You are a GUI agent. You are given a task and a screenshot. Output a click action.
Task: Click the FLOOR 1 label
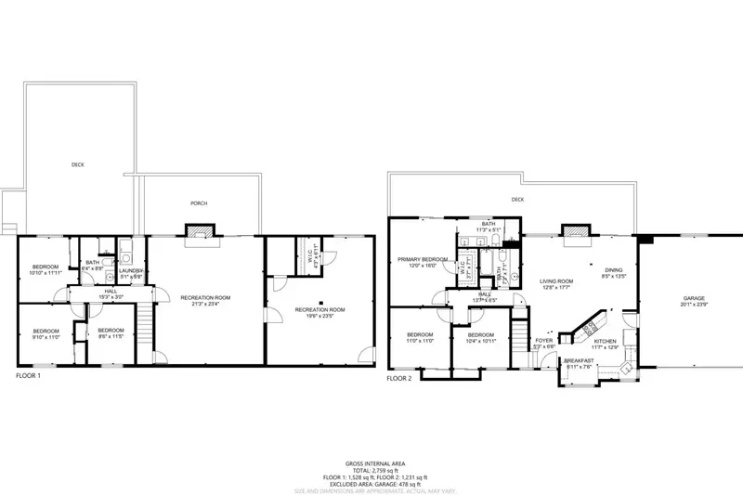tap(28, 376)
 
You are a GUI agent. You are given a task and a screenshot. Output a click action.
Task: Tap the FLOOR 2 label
tap(399, 379)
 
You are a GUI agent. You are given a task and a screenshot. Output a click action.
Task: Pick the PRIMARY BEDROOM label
tap(422, 259)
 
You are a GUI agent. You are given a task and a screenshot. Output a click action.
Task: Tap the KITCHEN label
tap(606, 341)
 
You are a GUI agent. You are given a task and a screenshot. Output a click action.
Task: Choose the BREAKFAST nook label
tap(580, 360)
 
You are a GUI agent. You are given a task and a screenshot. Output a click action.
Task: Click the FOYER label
tap(544, 341)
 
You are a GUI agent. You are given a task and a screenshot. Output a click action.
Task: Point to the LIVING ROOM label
tap(557, 280)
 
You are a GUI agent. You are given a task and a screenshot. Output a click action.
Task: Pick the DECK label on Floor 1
tap(77, 165)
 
